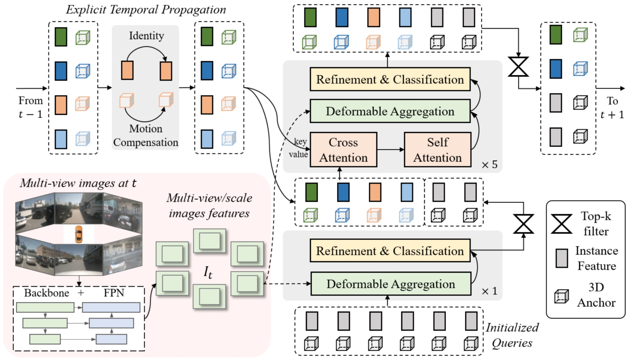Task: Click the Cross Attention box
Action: click(x=343, y=150)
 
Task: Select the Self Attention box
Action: click(x=437, y=150)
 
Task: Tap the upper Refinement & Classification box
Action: click(x=390, y=79)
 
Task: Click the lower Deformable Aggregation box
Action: click(x=390, y=284)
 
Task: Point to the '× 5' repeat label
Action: click(x=490, y=165)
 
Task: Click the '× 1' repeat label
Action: click(x=490, y=291)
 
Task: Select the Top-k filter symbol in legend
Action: click(x=561, y=224)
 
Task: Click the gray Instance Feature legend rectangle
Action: click(x=561, y=258)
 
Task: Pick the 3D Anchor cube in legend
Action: click(x=561, y=296)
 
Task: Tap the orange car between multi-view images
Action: click(x=79, y=234)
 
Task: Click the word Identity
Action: click(x=146, y=36)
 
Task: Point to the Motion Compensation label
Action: click(x=146, y=135)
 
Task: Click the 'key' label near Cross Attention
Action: click(x=301, y=141)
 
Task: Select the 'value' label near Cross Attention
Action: click(x=298, y=154)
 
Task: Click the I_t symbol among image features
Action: click(x=208, y=272)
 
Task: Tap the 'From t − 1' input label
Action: click(x=30, y=107)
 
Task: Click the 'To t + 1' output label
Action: click(x=612, y=108)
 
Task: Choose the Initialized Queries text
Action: click(x=512, y=335)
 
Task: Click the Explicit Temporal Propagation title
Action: click(x=146, y=10)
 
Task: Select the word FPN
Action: click(x=114, y=293)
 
